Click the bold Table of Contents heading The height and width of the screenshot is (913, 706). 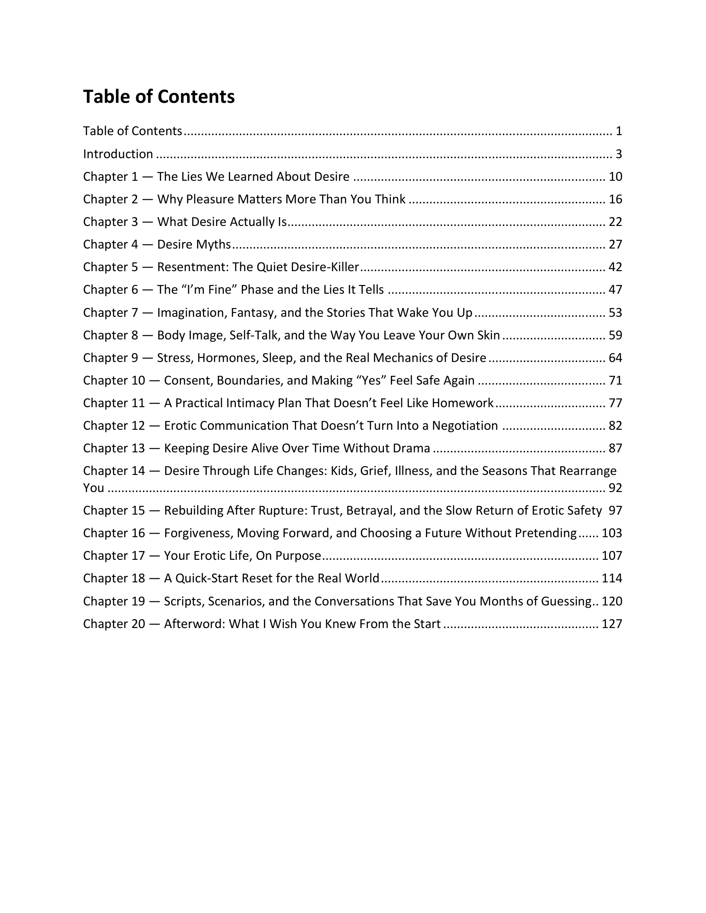(159, 97)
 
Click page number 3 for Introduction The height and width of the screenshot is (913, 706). (618, 154)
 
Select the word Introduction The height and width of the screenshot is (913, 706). (118, 154)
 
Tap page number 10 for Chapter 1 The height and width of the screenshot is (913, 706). (615, 177)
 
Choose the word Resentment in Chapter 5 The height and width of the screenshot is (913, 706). (191, 267)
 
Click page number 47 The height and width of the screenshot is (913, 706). (615, 290)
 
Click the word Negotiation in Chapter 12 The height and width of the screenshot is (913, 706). (465, 426)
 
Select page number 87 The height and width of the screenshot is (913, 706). (615, 448)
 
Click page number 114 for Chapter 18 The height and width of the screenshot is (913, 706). (612, 578)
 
